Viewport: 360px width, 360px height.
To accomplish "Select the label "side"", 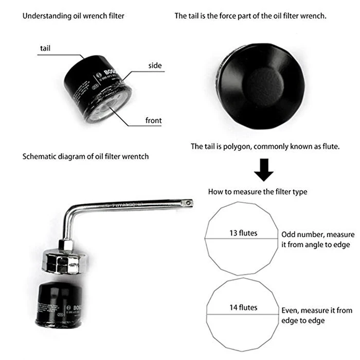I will (x=155, y=65).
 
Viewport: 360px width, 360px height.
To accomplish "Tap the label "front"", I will (x=153, y=121).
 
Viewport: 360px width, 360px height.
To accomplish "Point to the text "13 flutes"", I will (x=243, y=233).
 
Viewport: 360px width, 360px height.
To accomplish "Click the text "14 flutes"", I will (x=243, y=308).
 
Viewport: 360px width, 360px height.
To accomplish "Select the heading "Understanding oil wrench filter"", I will (x=73, y=16).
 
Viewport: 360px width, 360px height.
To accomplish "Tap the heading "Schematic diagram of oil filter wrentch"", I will (x=85, y=156).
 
